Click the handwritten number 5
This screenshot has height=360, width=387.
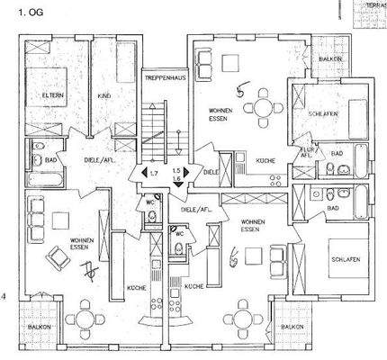tap(238, 89)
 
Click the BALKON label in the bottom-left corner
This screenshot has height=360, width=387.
tap(39, 326)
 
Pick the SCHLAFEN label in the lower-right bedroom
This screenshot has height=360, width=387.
tap(345, 259)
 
